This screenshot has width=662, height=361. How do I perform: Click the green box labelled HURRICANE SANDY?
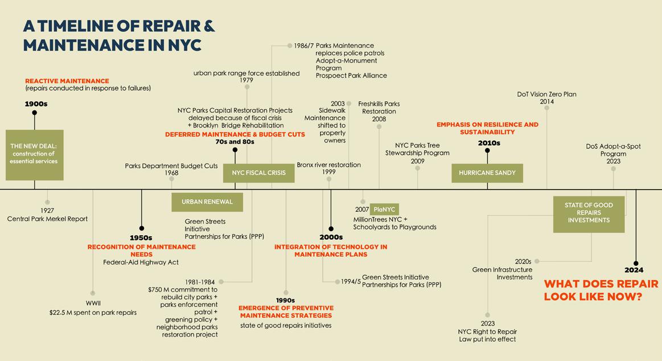(x=487, y=173)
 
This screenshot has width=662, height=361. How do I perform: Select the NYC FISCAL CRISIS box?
(x=258, y=173)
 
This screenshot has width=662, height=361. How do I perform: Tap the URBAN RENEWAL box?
(x=207, y=202)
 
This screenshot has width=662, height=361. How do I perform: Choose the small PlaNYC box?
(x=384, y=210)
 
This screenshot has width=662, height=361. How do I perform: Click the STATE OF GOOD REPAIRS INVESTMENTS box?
(x=589, y=213)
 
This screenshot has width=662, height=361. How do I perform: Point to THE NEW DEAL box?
(x=34, y=154)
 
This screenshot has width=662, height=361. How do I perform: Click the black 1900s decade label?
(x=36, y=104)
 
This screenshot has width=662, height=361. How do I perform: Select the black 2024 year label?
(x=634, y=270)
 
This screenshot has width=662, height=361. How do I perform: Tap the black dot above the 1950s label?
(x=142, y=228)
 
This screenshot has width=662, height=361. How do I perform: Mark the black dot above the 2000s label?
(x=331, y=228)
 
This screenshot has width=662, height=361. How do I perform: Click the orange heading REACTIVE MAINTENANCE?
(x=67, y=81)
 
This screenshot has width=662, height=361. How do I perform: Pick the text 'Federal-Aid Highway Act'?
(x=141, y=262)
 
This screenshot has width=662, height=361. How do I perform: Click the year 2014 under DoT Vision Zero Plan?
(x=546, y=102)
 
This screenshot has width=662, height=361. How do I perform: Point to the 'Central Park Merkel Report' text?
(x=47, y=219)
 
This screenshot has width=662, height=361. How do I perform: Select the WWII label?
(x=93, y=303)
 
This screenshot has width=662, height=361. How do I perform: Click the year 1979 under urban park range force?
(x=246, y=80)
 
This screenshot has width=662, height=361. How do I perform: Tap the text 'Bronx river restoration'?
(x=328, y=165)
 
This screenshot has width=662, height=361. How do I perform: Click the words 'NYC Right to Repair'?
(x=487, y=331)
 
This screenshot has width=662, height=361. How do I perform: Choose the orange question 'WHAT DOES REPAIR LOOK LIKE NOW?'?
(x=601, y=290)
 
